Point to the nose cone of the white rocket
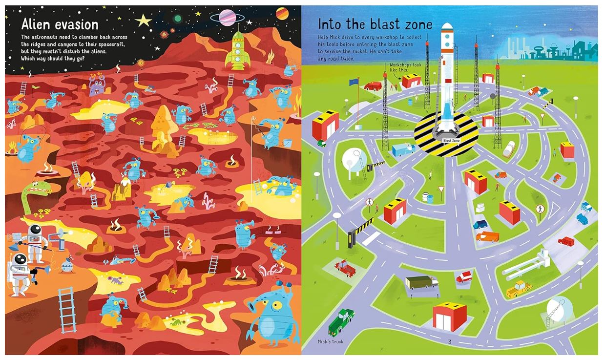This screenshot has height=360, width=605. (x=447, y=26)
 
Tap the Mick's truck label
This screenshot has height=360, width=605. (x=330, y=341)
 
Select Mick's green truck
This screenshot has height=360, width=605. (x=341, y=321)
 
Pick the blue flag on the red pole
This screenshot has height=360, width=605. (x=354, y=86)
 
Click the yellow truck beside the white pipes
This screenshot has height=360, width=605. (x=518, y=290)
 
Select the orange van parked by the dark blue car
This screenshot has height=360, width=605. (x=488, y=236)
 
